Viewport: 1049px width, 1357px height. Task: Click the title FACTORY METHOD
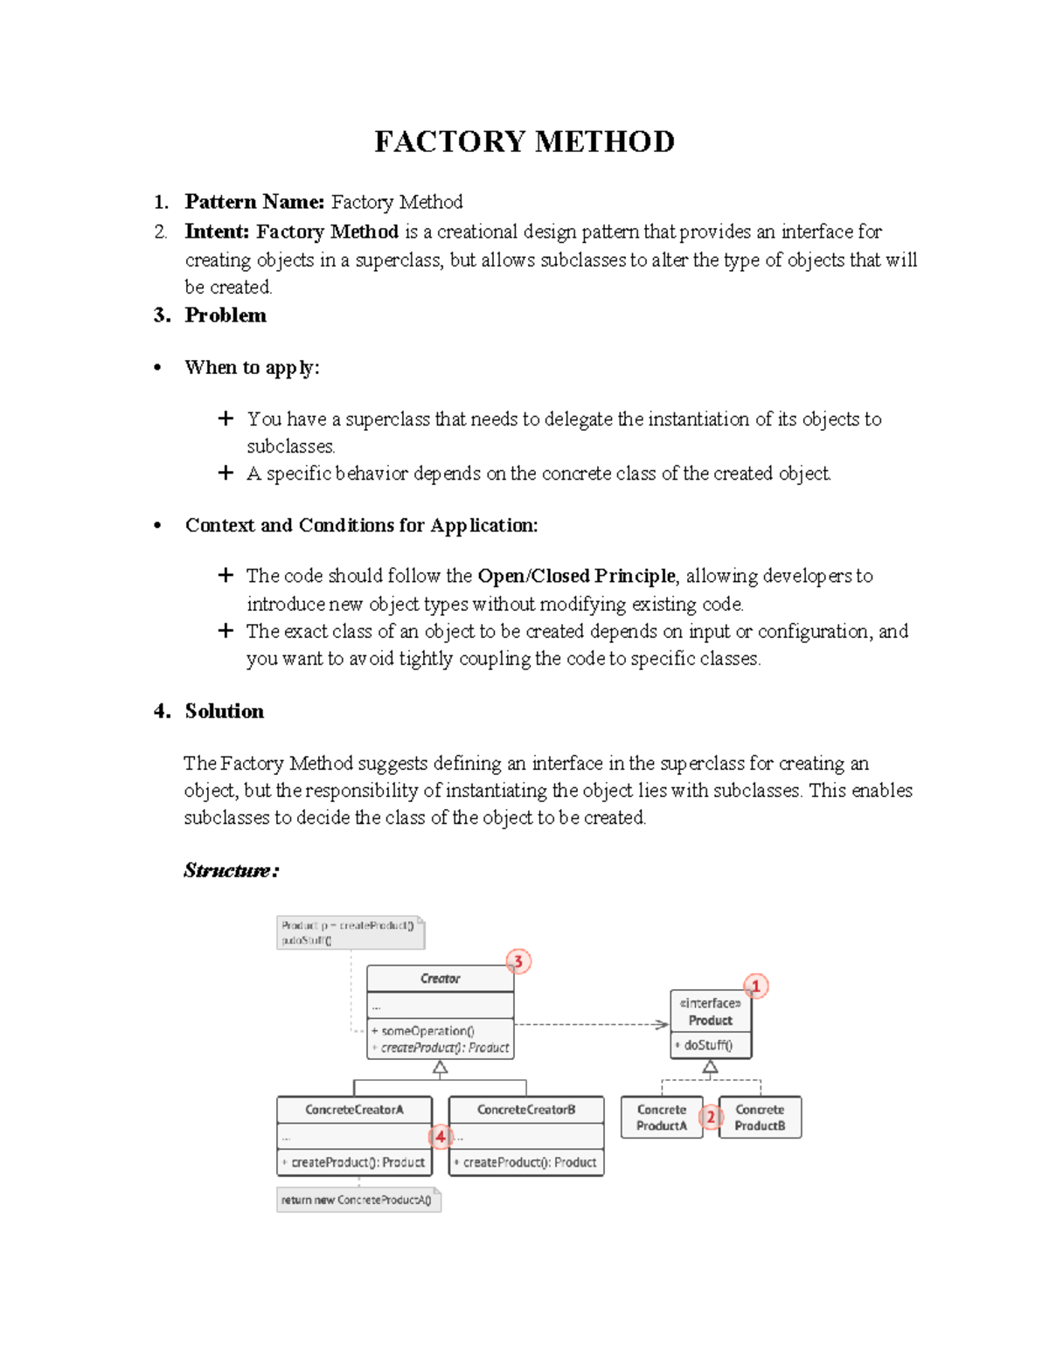(x=524, y=142)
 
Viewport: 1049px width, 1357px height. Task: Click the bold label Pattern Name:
(x=254, y=202)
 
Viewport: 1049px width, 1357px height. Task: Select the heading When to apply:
(x=252, y=368)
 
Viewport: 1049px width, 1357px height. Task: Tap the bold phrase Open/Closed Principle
(x=576, y=576)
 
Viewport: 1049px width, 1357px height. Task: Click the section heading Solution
(x=224, y=711)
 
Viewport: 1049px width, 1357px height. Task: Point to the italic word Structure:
(x=231, y=870)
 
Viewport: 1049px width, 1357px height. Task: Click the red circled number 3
(x=518, y=962)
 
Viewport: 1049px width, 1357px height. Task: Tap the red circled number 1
(x=756, y=987)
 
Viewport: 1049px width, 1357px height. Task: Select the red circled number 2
(x=711, y=1117)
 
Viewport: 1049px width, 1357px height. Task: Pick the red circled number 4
(x=441, y=1137)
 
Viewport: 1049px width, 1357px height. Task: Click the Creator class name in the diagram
(x=440, y=979)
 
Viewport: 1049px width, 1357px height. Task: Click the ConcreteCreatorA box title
(x=354, y=1110)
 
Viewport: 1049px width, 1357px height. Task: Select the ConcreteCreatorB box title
(x=526, y=1110)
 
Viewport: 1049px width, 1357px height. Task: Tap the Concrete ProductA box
(x=662, y=1118)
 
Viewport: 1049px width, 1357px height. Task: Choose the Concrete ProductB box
(x=760, y=1118)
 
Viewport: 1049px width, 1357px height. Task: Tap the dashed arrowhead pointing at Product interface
(x=663, y=1024)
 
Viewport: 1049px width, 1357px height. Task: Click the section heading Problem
(x=226, y=315)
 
